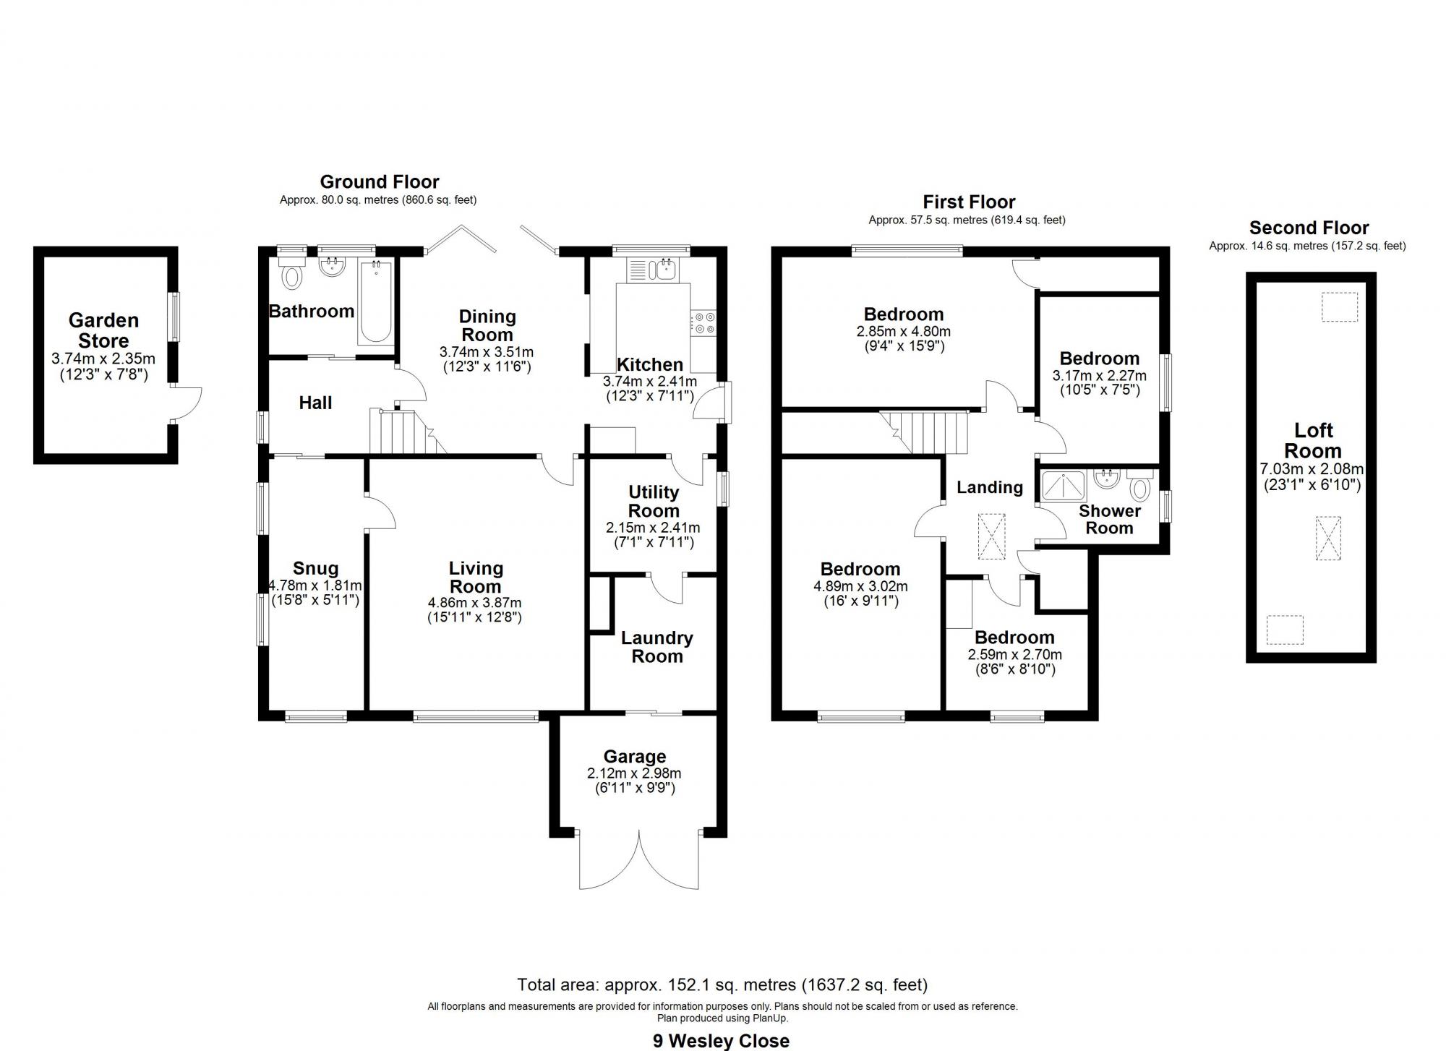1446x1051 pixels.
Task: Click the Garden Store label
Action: click(103, 330)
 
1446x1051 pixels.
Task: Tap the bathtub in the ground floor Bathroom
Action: click(375, 302)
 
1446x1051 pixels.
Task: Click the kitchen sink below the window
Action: click(662, 270)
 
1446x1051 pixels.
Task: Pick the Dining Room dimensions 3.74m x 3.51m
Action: click(487, 352)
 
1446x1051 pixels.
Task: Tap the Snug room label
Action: click(315, 569)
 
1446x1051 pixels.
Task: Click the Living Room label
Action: click(475, 578)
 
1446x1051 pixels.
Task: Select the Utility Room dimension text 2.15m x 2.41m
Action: click(653, 528)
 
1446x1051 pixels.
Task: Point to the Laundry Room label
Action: click(656, 647)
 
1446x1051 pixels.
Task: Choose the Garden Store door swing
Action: click(187, 403)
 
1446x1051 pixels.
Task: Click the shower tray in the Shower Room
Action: click(1064, 486)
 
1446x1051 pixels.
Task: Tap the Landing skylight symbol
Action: click(991, 536)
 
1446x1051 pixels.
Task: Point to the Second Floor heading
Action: click(1309, 228)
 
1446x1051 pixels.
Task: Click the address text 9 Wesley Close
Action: click(721, 1041)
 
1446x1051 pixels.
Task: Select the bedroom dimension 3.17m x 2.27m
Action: click(1099, 376)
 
